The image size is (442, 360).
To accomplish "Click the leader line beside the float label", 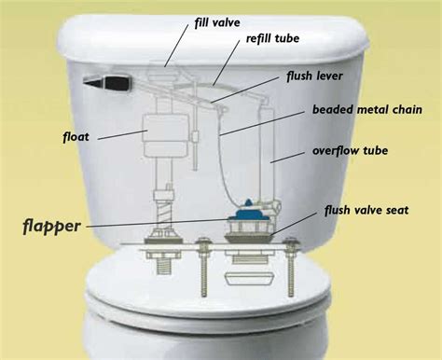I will pos(117,135).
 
